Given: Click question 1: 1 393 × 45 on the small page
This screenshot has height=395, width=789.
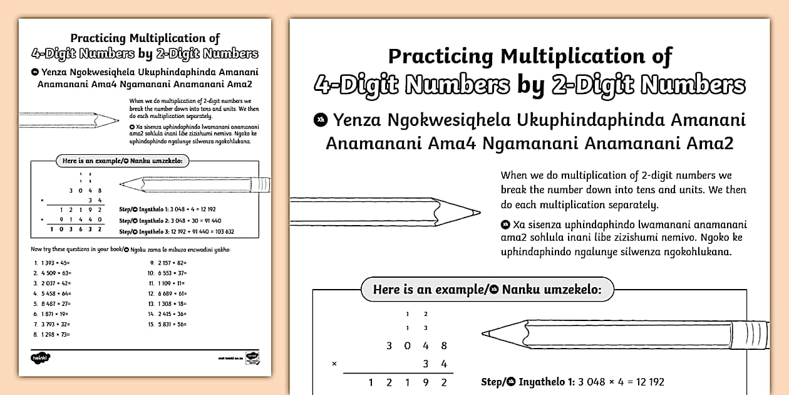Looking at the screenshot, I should point(53,263).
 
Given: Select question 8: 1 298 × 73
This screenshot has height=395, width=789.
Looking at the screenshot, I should point(53,334).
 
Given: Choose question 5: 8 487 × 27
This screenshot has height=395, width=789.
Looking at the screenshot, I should point(53,303).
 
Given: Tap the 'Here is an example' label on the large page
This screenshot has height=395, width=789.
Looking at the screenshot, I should point(487,290).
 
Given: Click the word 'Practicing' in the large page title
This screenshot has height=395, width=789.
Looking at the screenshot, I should point(441,56).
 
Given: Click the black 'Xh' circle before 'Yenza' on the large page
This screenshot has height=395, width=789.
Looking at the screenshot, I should point(321,120).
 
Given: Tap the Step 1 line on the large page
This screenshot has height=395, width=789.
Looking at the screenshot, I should point(572,382).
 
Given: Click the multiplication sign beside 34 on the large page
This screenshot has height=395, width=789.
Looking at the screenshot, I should point(334,364).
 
